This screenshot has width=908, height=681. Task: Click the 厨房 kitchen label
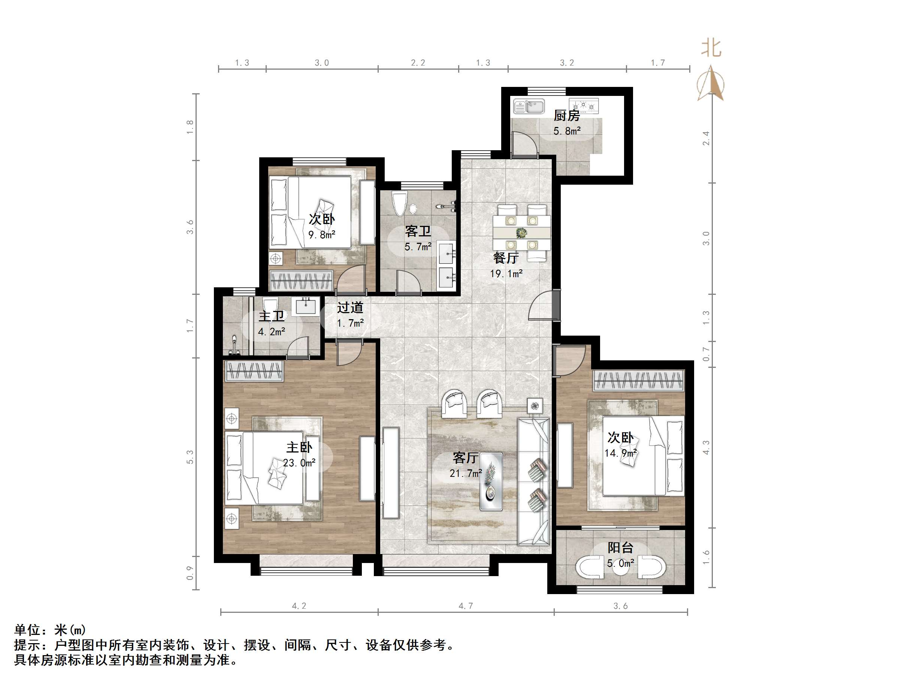pyautogui.click(x=566, y=115)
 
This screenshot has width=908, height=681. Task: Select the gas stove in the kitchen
pyautogui.click(x=583, y=106)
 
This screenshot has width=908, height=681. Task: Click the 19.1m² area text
pyautogui.click(x=506, y=273)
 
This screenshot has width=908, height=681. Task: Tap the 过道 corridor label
pyautogui.click(x=350, y=308)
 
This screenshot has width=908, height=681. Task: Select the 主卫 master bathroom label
pyautogui.click(x=271, y=316)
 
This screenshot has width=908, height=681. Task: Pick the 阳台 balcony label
pyautogui.click(x=620, y=547)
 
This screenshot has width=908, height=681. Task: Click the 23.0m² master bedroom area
pyautogui.click(x=299, y=463)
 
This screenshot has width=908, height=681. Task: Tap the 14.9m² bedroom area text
pyautogui.click(x=620, y=453)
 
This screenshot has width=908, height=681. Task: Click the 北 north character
pyautogui.click(x=711, y=48)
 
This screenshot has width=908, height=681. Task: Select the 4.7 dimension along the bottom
pyautogui.click(x=466, y=606)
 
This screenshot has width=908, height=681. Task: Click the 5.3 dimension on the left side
pyautogui.click(x=190, y=457)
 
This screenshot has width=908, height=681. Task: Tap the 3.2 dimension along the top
pyautogui.click(x=567, y=63)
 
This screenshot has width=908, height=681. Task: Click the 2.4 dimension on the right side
pyautogui.click(x=706, y=138)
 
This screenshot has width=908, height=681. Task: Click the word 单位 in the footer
pyautogui.click(x=27, y=630)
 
